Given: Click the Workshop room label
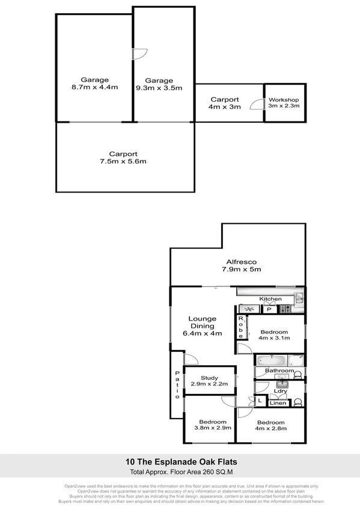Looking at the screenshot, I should pyautogui.click(x=284, y=99).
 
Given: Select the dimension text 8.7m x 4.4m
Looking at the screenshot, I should pyautogui.click(x=94, y=87).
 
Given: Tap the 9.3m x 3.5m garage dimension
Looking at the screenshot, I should pyautogui.click(x=159, y=88).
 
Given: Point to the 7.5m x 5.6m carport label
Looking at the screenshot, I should pyautogui.click(x=123, y=161).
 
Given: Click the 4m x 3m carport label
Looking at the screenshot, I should pyautogui.click(x=224, y=106).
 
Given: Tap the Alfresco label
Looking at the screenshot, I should pyautogui.click(x=242, y=262).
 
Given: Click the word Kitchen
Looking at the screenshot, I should pyautogui.click(x=270, y=299).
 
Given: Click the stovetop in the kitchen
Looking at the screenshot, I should pyautogui.click(x=285, y=309).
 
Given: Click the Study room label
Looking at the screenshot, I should pyautogui.click(x=209, y=378).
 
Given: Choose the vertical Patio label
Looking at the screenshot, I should pyautogui.click(x=177, y=385).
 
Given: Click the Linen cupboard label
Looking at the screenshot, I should pyautogui.click(x=276, y=403).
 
